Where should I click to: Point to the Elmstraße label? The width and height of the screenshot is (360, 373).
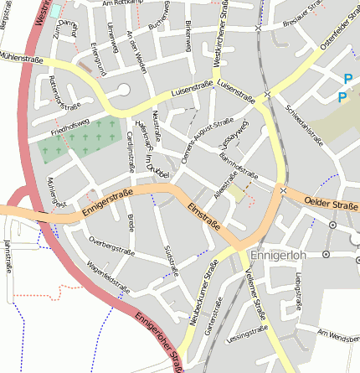coord(203,215)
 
